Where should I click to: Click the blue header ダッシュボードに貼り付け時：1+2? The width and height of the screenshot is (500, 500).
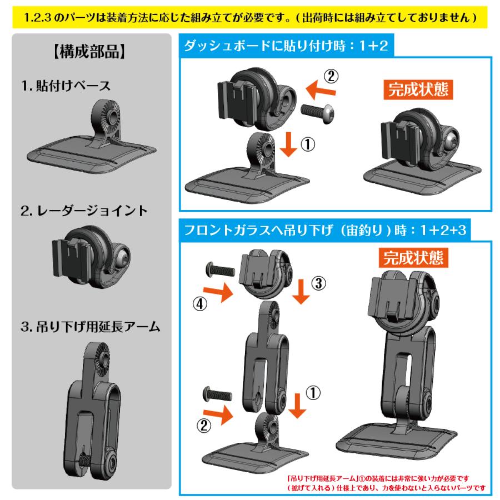click(x=286, y=46)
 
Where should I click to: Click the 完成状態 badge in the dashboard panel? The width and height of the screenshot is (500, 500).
click(x=417, y=90)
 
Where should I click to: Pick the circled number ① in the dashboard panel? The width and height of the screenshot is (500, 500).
click(x=308, y=144)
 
